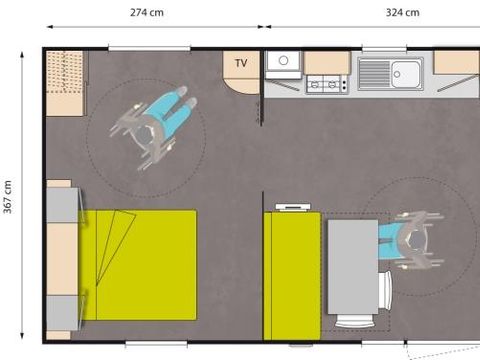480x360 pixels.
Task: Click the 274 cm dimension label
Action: point(146,14)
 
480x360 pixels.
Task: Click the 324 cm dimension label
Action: point(373,14)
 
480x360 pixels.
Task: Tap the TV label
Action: point(241,63)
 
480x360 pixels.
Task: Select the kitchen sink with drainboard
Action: point(391,73)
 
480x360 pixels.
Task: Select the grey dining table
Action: point(352,268)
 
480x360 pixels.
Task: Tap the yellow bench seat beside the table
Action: point(292,275)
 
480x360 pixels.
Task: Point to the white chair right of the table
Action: point(385,290)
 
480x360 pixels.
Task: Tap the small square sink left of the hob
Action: point(283,62)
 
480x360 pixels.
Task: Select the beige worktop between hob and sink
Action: point(327,62)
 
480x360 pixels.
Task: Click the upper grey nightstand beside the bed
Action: point(61,205)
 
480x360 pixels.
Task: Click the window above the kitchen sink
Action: point(384,49)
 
